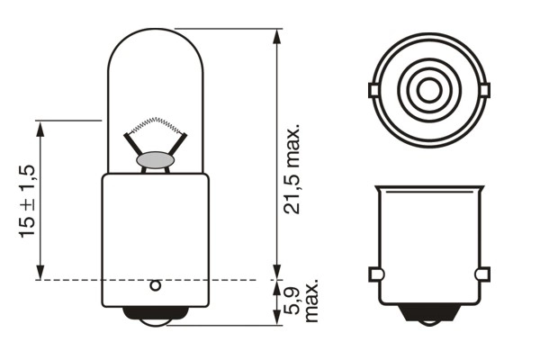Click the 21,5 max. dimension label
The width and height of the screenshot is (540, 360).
pos(293,171)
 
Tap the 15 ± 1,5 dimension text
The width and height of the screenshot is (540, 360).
pos(27,200)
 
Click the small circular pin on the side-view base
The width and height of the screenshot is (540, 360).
pos(154,286)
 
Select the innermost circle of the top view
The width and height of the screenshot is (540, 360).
pos(429,89)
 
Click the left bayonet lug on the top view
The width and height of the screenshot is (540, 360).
pos(373,89)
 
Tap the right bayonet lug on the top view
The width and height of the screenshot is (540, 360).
pos(486,89)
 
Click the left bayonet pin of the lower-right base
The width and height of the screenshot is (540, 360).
pos(374,274)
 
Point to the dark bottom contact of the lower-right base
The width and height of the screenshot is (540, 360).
pos(429,314)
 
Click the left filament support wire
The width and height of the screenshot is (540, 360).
pos(133,145)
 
